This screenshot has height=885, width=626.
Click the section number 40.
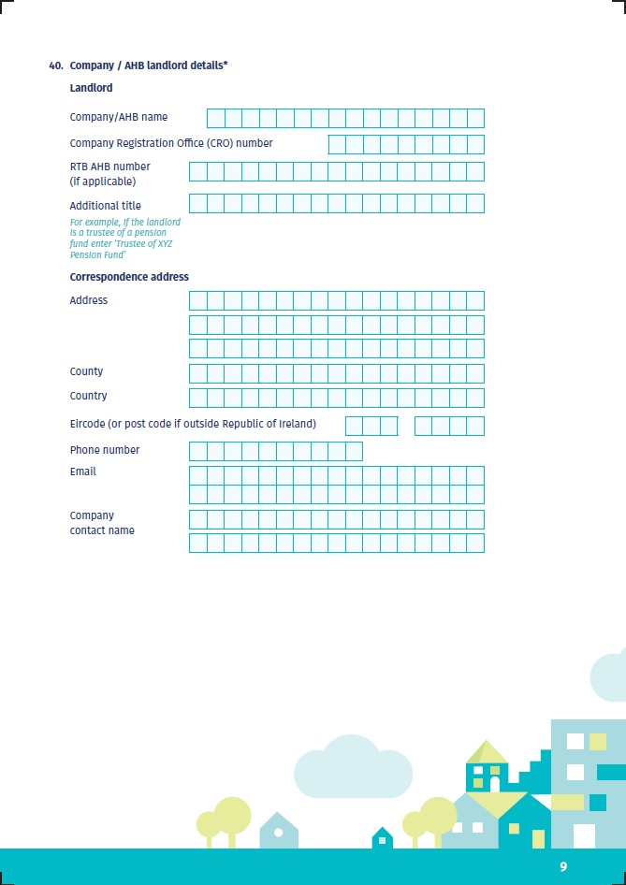[x=55, y=65]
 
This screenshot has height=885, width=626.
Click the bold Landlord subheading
[x=91, y=88]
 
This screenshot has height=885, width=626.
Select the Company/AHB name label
[x=119, y=118]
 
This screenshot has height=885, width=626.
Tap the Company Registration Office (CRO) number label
[x=171, y=144]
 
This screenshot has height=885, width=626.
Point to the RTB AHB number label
[x=109, y=173]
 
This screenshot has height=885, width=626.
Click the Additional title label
[x=106, y=206]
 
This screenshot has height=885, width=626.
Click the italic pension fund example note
[x=125, y=239]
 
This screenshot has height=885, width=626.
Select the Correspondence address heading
[x=129, y=277]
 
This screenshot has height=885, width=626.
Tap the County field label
[x=86, y=371]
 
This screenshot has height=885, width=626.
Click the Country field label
[x=88, y=396]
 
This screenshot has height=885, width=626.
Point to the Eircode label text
[x=193, y=424]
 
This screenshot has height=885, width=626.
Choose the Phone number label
[x=105, y=450]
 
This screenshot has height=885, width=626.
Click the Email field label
[x=83, y=472]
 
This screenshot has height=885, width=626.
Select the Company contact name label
[x=102, y=523]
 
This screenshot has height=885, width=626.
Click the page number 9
[x=563, y=867]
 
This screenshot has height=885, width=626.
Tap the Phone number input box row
[x=275, y=451]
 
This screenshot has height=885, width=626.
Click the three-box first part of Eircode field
[x=371, y=427]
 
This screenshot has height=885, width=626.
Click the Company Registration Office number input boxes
[x=406, y=144]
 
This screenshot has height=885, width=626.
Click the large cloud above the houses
[x=353, y=769]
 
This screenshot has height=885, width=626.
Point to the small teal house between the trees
[x=382, y=838]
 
